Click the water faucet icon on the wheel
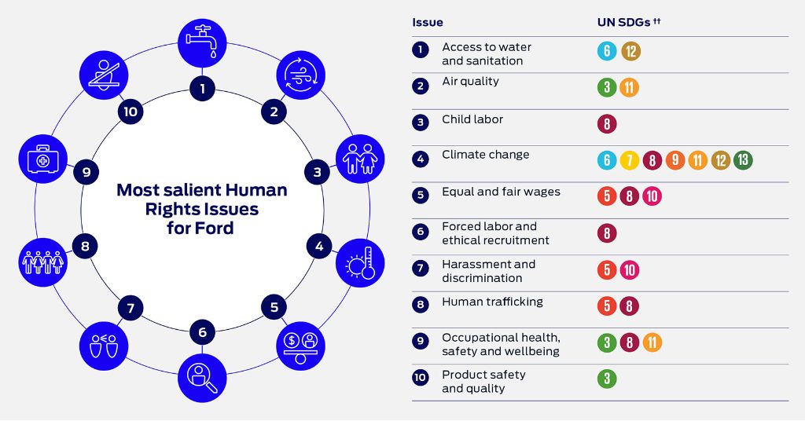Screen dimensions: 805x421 pos(202,43)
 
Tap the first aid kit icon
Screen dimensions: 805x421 pos(43,159)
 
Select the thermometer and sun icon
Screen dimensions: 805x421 pos(360,262)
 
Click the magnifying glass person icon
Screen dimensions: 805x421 pos(202,378)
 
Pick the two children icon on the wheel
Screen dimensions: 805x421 pos(360,159)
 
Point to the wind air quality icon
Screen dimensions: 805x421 pos(301,75)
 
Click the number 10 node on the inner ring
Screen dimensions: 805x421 pos(130,112)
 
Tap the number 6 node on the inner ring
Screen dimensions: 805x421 pos(202,331)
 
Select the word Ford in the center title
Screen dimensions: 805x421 pos(213,228)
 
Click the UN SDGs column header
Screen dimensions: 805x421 pos(629,22)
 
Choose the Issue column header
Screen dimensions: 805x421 pos(427,22)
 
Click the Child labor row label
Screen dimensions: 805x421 pos(472,119)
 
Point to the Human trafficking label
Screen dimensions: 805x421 pos(492,302)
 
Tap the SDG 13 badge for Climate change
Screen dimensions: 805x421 pos(743,160)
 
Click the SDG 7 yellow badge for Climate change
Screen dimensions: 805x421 pos(629,160)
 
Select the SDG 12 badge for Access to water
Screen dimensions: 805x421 pos(631,51)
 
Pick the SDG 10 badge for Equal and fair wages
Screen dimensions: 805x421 pos(652,196)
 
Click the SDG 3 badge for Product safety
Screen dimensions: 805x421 pos(607,379)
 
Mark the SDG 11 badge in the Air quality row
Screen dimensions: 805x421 pos(629,87)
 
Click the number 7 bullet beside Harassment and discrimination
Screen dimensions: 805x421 pos(420,268)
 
